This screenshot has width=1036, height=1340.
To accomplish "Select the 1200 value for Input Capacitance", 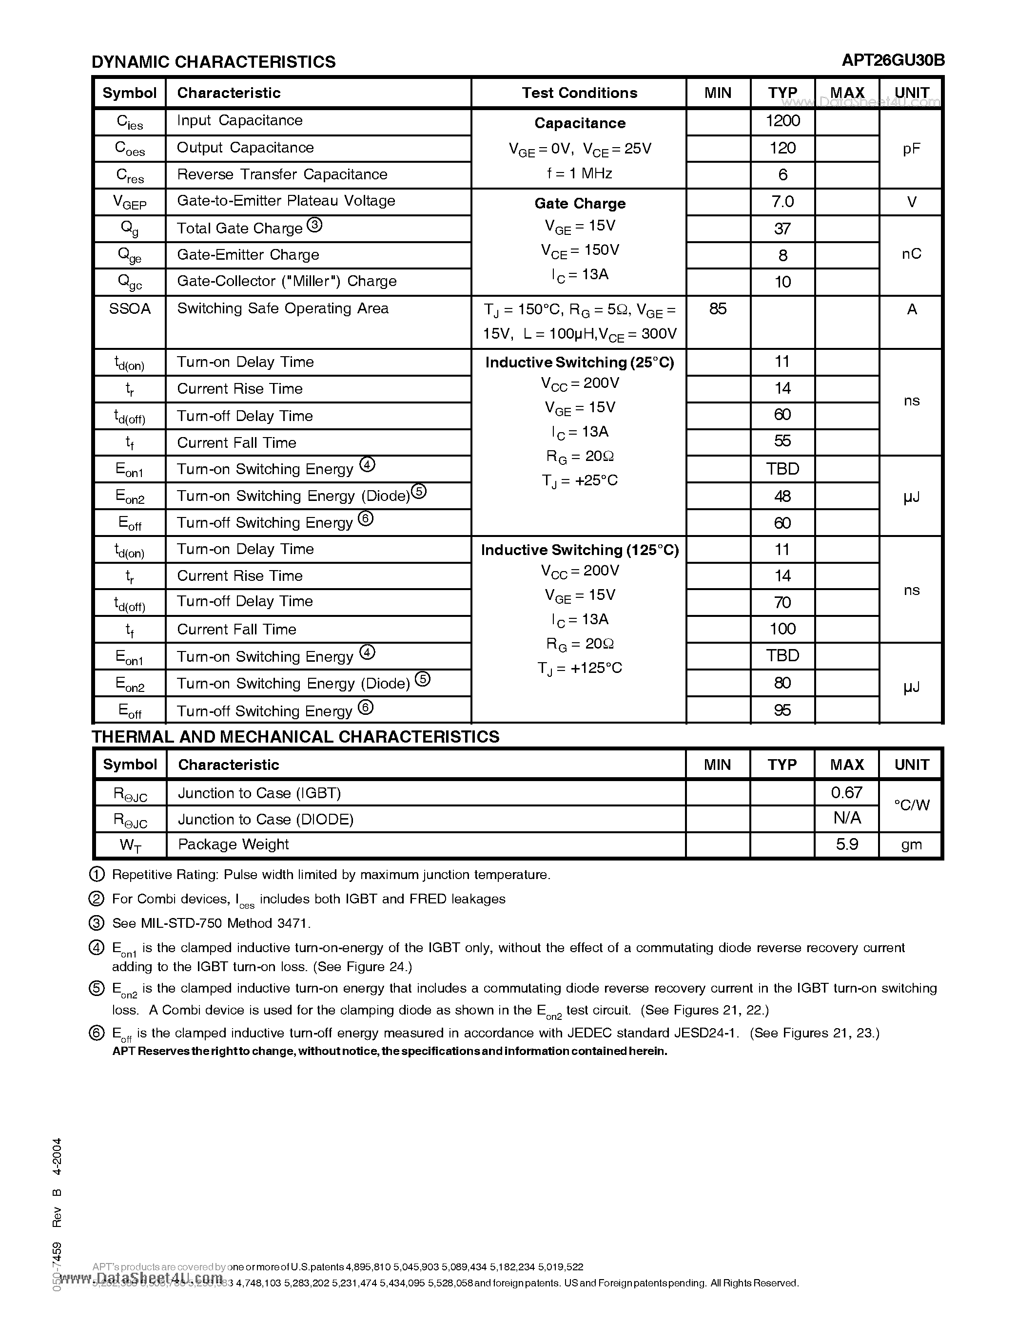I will click(782, 121).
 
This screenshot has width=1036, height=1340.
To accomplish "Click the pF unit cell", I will click(911, 149).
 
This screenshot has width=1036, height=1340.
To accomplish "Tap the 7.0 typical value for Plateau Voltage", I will click(782, 202).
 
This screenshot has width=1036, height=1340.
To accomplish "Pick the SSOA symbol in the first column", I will click(130, 308).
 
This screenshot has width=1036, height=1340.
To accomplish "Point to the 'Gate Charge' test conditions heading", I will click(579, 203).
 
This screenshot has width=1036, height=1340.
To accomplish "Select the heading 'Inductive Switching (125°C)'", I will click(579, 550).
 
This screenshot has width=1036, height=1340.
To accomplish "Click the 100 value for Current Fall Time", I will click(782, 629).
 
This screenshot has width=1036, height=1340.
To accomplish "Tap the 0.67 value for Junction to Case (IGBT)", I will click(846, 793).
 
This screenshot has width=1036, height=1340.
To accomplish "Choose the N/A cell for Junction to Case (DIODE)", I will click(846, 818).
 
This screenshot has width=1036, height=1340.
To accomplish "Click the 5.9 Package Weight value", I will click(846, 845).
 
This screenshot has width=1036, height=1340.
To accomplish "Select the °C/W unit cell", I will click(911, 805).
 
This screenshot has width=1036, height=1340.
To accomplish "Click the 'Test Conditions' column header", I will click(579, 93).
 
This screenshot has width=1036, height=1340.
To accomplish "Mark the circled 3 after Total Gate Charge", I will click(314, 225).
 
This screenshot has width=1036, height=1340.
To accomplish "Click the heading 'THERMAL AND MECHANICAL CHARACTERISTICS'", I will click(295, 737).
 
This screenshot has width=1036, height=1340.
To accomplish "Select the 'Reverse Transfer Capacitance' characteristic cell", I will click(282, 175).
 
